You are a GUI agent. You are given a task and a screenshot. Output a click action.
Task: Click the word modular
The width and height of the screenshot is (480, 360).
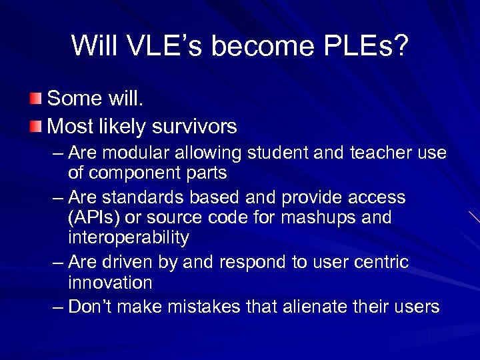(137, 153)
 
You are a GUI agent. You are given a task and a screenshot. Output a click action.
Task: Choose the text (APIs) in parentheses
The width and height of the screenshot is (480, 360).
(93, 217)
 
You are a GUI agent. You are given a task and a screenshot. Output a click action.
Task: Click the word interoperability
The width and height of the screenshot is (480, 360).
(128, 237)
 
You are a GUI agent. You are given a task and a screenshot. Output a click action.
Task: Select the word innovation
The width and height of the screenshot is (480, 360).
(110, 282)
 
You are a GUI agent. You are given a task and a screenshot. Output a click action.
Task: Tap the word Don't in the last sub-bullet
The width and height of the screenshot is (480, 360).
(93, 307)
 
